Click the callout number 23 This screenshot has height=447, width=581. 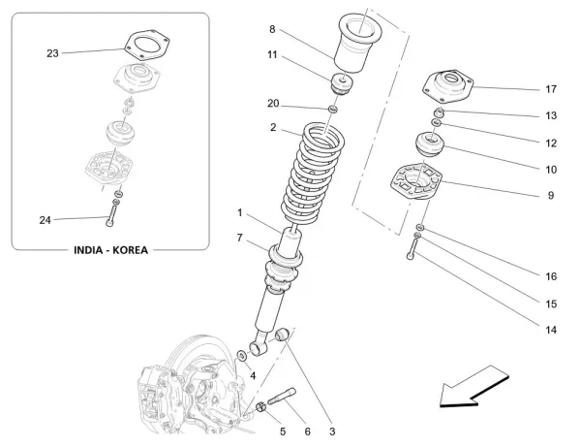click(x=51, y=53)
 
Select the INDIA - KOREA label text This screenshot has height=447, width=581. click(x=111, y=250)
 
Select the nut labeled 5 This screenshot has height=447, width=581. click(x=262, y=407)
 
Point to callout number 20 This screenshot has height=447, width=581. click(x=273, y=103)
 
